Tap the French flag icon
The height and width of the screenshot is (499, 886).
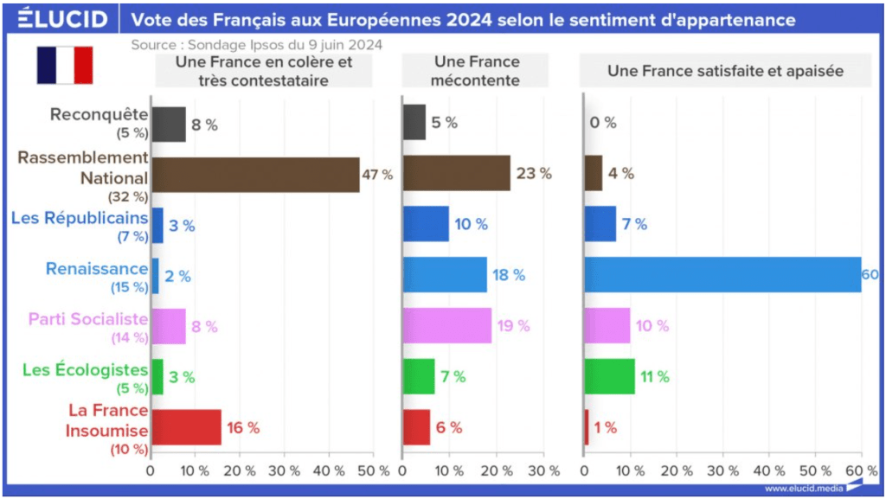point(64,66)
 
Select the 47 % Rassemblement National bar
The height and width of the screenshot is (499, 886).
point(255,175)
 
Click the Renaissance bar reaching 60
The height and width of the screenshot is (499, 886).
point(722,275)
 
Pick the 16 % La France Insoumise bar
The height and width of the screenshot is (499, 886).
point(186,427)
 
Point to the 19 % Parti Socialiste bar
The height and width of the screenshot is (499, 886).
point(447,326)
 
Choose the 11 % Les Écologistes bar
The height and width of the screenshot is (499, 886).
point(609,376)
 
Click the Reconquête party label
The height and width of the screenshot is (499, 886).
point(100,115)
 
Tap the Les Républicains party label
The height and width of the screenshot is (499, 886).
point(80,217)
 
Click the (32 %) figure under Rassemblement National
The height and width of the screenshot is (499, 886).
point(128,196)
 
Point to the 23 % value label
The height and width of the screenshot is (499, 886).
point(533,174)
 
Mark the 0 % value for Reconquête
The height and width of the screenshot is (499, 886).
point(602,124)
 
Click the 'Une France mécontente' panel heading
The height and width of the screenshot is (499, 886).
point(477,71)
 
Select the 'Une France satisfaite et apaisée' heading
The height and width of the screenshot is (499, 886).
point(725,71)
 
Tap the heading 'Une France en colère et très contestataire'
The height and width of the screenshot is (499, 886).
point(263,71)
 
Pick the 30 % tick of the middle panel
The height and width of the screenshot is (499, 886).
point(543,471)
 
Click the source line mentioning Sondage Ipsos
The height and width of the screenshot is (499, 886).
point(256,43)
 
